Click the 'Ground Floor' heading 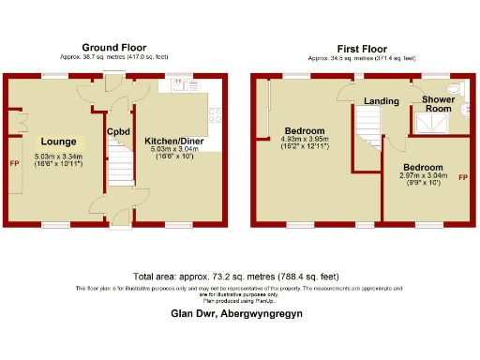click(x=112, y=47)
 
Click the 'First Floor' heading click(x=362, y=47)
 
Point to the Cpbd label click(x=117, y=131)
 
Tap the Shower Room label click(x=439, y=103)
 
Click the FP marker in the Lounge click(x=14, y=164)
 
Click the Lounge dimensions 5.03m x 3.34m click(x=58, y=159)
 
